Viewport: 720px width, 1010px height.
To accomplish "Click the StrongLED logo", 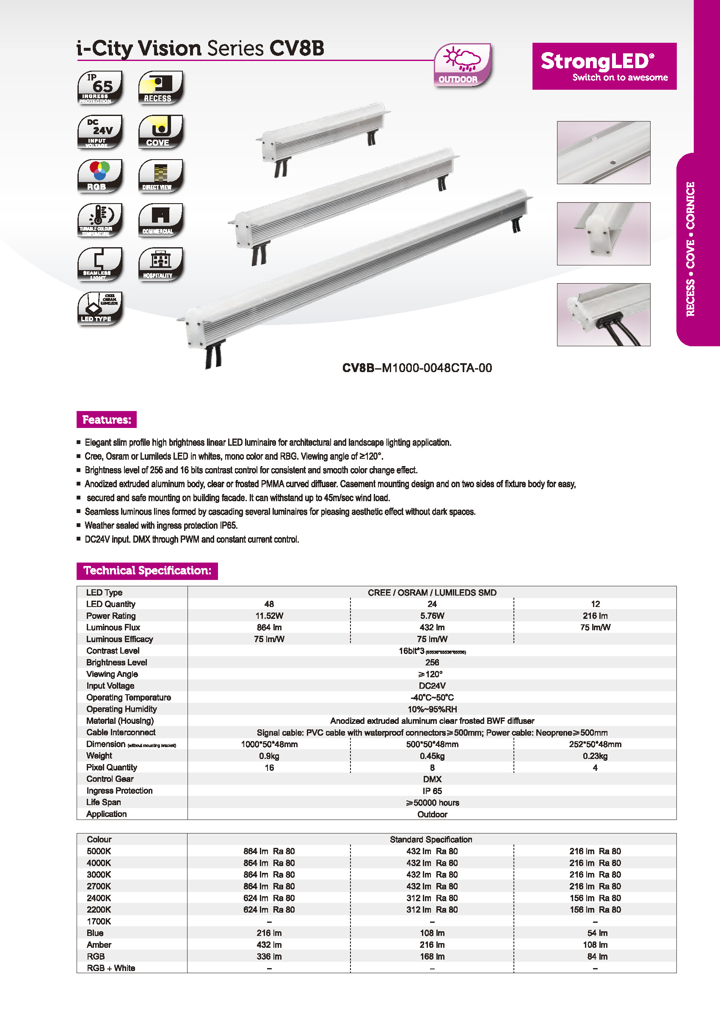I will click(604, 66).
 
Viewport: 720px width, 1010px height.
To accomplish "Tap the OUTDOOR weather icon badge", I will click(462, 65).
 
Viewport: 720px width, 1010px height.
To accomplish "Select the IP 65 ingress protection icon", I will click(100, 88).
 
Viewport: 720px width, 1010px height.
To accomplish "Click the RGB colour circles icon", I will click(100, 176).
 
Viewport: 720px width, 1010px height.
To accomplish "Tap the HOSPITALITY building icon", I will click(160, 264).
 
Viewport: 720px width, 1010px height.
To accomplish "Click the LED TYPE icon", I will click(100, 309).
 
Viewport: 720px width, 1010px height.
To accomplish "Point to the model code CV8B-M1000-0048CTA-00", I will click(417, 368).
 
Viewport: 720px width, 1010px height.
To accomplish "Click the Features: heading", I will click(106, 419).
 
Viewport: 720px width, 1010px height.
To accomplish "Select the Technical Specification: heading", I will click(147, 571).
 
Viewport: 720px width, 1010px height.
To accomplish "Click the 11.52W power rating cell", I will click(269, 616).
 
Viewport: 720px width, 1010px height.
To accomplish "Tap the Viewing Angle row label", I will click(112, 674).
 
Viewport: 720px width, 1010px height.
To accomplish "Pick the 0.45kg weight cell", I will click(432, 756).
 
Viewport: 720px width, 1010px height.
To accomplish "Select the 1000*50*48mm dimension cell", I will click(269, 745).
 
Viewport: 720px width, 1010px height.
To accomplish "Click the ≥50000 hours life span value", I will click(432, 803).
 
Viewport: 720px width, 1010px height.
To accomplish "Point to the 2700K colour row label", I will click(99, 886).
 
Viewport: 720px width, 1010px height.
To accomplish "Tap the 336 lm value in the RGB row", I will click(269, 956).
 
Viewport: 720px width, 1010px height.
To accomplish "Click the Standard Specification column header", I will click(431, 839).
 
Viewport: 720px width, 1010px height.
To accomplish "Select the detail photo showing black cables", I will click(604, 315).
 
